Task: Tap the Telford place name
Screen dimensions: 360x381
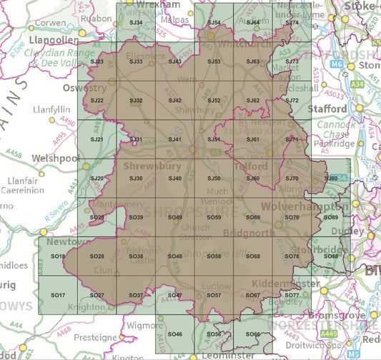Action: click(x=251, y=166)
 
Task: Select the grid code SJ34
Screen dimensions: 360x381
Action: click(x=136, y=23)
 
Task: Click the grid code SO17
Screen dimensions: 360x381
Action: click(x=59, y=295)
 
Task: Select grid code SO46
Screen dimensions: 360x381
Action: click(x=175, y=334)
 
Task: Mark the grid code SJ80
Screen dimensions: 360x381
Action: click(x=331, y=178)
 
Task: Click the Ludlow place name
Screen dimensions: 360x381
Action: click(x=217, y=286)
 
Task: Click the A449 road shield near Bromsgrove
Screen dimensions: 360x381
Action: click(x=330, y=332)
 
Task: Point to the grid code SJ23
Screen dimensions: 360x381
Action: click(x=98, y=62)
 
